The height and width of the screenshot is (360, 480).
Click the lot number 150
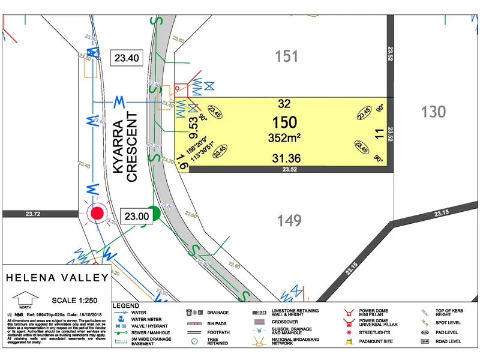click(x=284, y=122)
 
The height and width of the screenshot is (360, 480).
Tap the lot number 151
click(x=287, y=56)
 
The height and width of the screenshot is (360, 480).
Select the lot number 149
click(x=289, y=220)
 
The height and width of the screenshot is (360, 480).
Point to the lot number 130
click(x=434, y=111)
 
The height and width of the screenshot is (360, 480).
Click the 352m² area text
click(x=284, y=138)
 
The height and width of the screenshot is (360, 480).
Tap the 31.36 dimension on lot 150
click(x=285, y=158)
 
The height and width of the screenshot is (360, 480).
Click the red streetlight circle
click(x=96, y=212)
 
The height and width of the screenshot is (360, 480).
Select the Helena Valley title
click(x=57, y=278)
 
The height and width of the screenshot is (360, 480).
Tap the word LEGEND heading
click(x=126, y=306)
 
